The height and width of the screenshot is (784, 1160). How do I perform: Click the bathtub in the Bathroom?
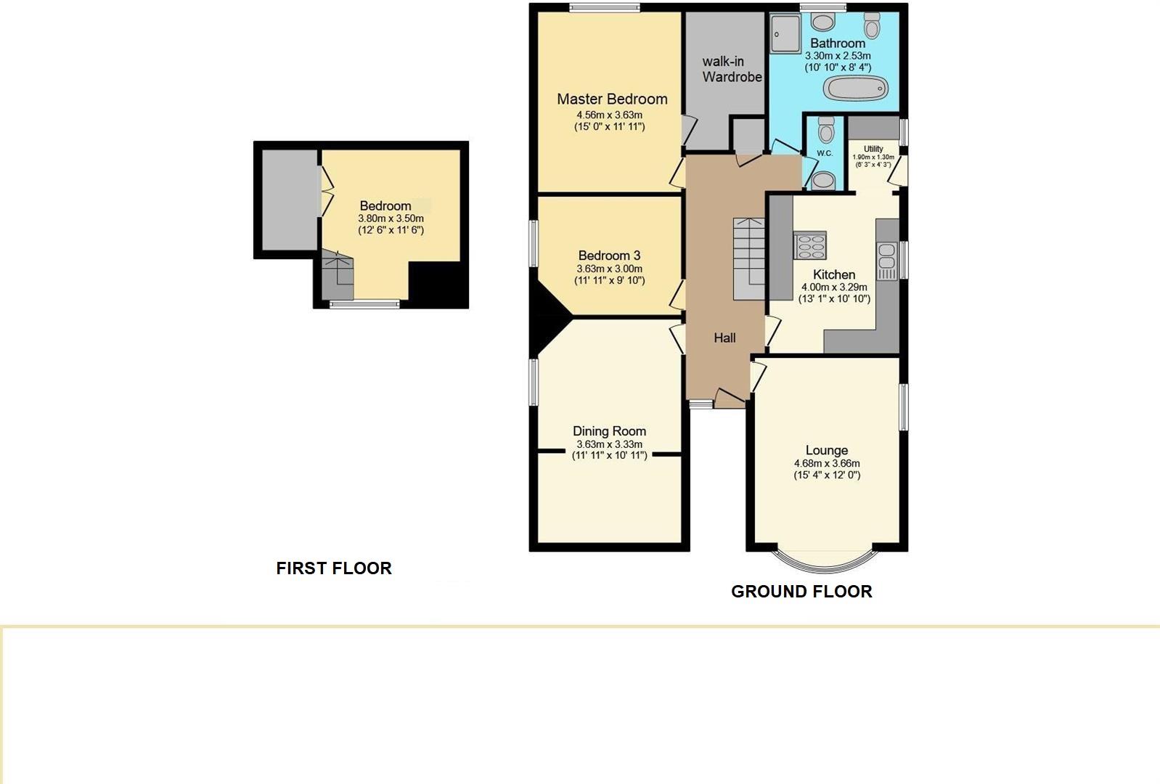pyautogui.click(x=856, y=89)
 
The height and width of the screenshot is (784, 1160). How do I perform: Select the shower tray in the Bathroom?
pyautogui.click(x=784, y=34)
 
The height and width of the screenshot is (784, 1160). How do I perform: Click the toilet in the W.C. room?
pyautogui.click(x=825, y=131)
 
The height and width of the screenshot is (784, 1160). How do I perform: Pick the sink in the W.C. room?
pyautogui.click(x=822, y=179)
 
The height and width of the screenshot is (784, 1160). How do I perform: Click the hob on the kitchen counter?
pyautogui.click(x=810, y=245)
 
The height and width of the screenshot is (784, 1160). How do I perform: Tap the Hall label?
pyautogui.click(x=724, y=338)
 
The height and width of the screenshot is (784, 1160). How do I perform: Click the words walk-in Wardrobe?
pyautogui.click(x=732, y=69)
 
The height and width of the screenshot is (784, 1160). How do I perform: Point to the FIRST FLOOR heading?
pyautogui.click(x=334, y=568)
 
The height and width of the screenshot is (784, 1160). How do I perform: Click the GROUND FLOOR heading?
pyautogui.click(x=801, y=592)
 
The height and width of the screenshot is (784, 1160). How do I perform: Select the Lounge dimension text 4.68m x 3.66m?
pyautogui.click(x=827, y=463)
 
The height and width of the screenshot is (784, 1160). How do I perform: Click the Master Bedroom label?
pyautogui.click(x=612, y=99)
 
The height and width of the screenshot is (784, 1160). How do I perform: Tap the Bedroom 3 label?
pyautogui.click(x=609, y=256)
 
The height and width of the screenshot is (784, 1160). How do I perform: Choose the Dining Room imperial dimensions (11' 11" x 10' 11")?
pyautogui.click(x=609, y=456)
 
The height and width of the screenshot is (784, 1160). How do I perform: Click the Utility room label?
pyautogui.click(x=873, y=149)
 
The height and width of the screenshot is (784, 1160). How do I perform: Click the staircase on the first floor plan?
pyautogui.click(x=337, y=277)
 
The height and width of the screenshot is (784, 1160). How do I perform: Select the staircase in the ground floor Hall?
pyautogui.click(x=748, y=258)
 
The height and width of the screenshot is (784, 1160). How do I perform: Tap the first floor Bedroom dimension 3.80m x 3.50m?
pyautogui.click(x=391, y=219)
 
